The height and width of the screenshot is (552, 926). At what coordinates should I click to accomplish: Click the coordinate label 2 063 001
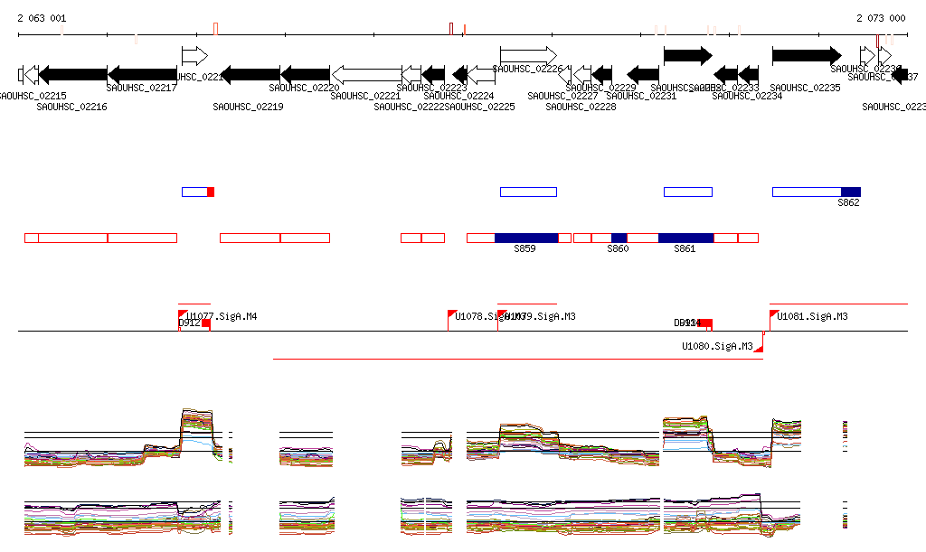coord(42,18)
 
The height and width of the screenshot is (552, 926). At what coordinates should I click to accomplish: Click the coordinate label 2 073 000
coord(881,18)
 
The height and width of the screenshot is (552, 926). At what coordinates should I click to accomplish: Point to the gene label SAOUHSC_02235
coord(806,89)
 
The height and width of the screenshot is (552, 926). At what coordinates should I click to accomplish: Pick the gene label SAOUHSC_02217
coord(142,89)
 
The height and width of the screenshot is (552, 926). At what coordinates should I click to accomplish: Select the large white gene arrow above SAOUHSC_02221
coord(366,74)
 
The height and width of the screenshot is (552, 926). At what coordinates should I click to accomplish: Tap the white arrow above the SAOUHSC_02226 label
coord(528,55)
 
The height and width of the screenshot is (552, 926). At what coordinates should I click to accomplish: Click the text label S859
coord(524,248)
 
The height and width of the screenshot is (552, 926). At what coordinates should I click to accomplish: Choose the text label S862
coord(848,203)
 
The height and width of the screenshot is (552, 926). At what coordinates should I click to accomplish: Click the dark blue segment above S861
coord(685,238)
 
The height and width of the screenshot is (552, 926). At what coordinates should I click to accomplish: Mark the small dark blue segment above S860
coord(619,238)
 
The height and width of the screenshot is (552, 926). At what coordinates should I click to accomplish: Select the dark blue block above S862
coord(850,192)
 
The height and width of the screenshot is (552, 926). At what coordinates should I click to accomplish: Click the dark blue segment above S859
coord(526,238)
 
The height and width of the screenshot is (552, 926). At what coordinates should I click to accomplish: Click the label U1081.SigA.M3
coord(812,317)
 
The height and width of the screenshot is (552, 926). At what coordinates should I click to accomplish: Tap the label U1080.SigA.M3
coord(718,347)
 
